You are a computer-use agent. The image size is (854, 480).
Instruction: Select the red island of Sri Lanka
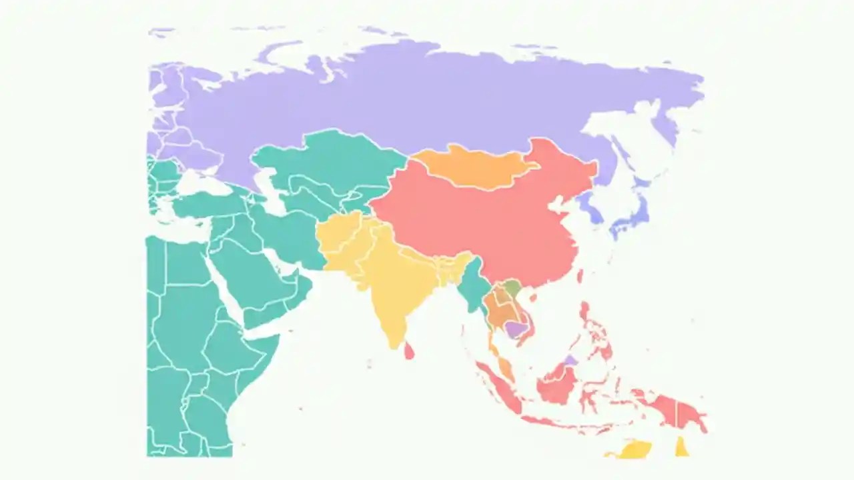408,350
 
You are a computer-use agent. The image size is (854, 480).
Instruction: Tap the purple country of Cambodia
515,328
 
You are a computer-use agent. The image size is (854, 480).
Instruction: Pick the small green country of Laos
512,289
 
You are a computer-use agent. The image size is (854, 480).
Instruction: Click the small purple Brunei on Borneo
570,360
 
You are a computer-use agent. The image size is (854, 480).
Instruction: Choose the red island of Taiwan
580,275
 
